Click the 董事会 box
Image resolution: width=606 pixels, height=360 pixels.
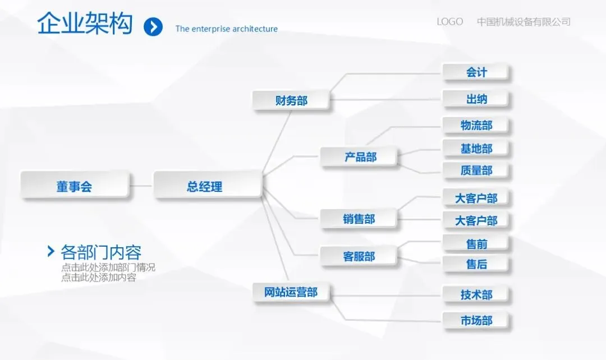74,186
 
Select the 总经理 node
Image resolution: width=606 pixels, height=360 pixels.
205,186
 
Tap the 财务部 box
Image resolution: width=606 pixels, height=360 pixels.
291,101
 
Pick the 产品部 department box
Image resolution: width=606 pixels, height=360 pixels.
360,157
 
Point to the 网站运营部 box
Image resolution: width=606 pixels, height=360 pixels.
291,292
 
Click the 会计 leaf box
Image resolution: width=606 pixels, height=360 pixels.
476,72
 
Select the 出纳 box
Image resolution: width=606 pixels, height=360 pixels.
476,99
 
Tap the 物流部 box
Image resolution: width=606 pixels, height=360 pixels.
476,125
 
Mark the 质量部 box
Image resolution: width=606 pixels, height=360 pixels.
476,170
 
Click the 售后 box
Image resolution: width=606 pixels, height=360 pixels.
476,264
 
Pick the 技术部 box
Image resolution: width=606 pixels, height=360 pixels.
476,294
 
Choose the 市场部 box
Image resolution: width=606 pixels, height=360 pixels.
476,321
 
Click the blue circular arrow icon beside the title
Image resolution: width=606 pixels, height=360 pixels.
153,26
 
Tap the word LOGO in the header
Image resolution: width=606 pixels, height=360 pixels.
449,22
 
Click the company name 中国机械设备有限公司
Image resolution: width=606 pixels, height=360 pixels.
524,22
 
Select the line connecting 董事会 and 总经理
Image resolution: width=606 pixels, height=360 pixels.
141,186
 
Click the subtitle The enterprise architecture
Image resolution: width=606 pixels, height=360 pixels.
226,29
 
